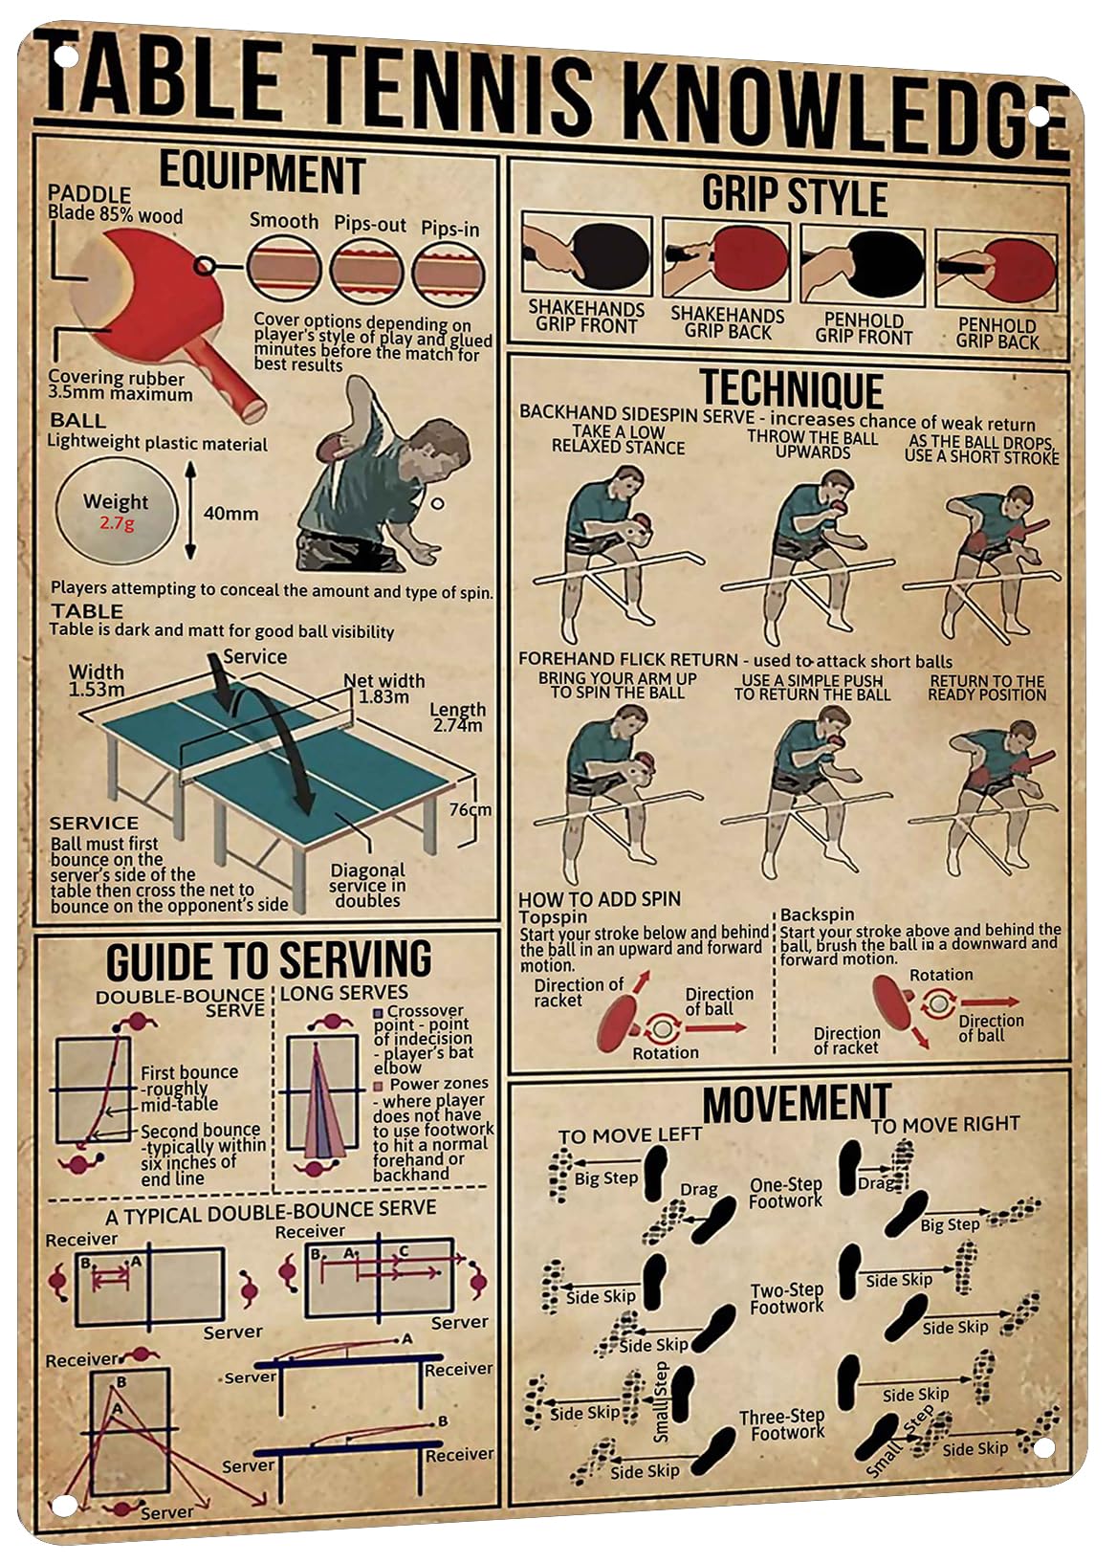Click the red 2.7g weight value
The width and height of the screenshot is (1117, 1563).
click(x=117, y=522)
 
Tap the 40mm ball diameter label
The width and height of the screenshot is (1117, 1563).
click(x=230, y=514)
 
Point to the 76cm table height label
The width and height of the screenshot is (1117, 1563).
click(x=470, y=809)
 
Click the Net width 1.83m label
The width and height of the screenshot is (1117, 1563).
click(x=383, y=688)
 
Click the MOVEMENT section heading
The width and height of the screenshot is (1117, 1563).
click(x=796, y=1103)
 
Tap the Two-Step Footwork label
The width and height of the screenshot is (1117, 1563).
click(x=787, y=1298)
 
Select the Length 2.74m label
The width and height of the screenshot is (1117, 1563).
click(x=457, y=716)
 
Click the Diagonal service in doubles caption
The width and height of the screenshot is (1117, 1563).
click(x=367, y=886)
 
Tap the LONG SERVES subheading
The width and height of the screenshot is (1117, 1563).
click(x=344, y=992)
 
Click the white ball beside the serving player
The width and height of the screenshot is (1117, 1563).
click(x=437, y=503)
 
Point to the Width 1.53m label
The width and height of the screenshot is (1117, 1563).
click(x=97, y=680)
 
